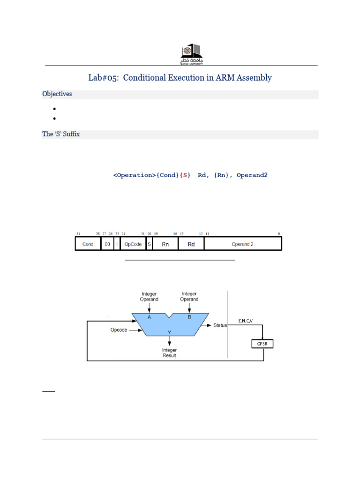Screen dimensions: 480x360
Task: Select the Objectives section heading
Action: pos(57,94)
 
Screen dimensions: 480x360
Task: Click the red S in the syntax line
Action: pos(185,175)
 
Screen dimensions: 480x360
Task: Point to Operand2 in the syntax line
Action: pos(252,175)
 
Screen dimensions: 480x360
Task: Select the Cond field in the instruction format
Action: pos(88,244)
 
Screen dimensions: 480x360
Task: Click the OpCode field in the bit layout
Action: pos(133,244)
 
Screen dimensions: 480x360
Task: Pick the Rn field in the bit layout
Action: pos(165,244)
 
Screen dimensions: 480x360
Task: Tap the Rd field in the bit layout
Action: pos(191,244)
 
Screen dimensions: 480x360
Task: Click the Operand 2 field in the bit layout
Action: pos(242,244)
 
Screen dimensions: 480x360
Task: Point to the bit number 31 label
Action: pos(78,233)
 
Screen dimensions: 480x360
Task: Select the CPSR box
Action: pos(262,344)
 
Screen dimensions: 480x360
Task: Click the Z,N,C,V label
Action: pos(245,321)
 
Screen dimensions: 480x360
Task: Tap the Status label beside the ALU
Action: pos(220,325)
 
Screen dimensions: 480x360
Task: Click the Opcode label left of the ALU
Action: pos(119,330)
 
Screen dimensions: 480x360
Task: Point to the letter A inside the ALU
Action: pos(150,317)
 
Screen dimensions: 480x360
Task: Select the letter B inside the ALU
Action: pos(189,317)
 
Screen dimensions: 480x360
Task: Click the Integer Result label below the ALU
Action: pos(169,352)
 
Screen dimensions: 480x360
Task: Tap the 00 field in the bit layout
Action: pos(107,244)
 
